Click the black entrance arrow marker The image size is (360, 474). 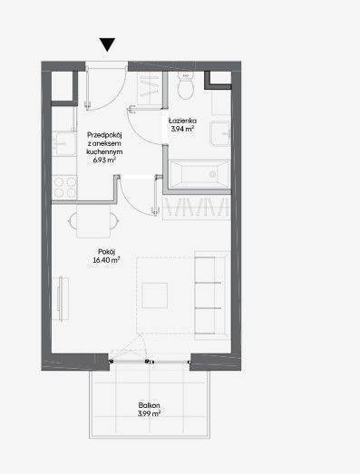pos(107,44)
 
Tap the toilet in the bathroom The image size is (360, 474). pos(185,86)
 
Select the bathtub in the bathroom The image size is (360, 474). pos(199,174)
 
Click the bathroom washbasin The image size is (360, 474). pos(220,133)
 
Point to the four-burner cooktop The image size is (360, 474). pos(64,188)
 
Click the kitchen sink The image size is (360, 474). pos(63,143)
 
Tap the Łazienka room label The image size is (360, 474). pos(183,121)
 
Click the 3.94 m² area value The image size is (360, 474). pos(182,129)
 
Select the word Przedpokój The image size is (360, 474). pos(104,135)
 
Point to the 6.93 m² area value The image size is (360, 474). pos(104,160)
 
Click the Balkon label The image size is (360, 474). pos(149,405)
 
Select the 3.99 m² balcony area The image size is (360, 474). pos(149,413)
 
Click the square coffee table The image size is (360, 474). pos(155,295)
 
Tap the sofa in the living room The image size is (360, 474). pos(212,295)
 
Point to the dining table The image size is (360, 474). pos(93,221)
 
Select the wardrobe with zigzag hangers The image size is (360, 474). pos(197,207)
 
